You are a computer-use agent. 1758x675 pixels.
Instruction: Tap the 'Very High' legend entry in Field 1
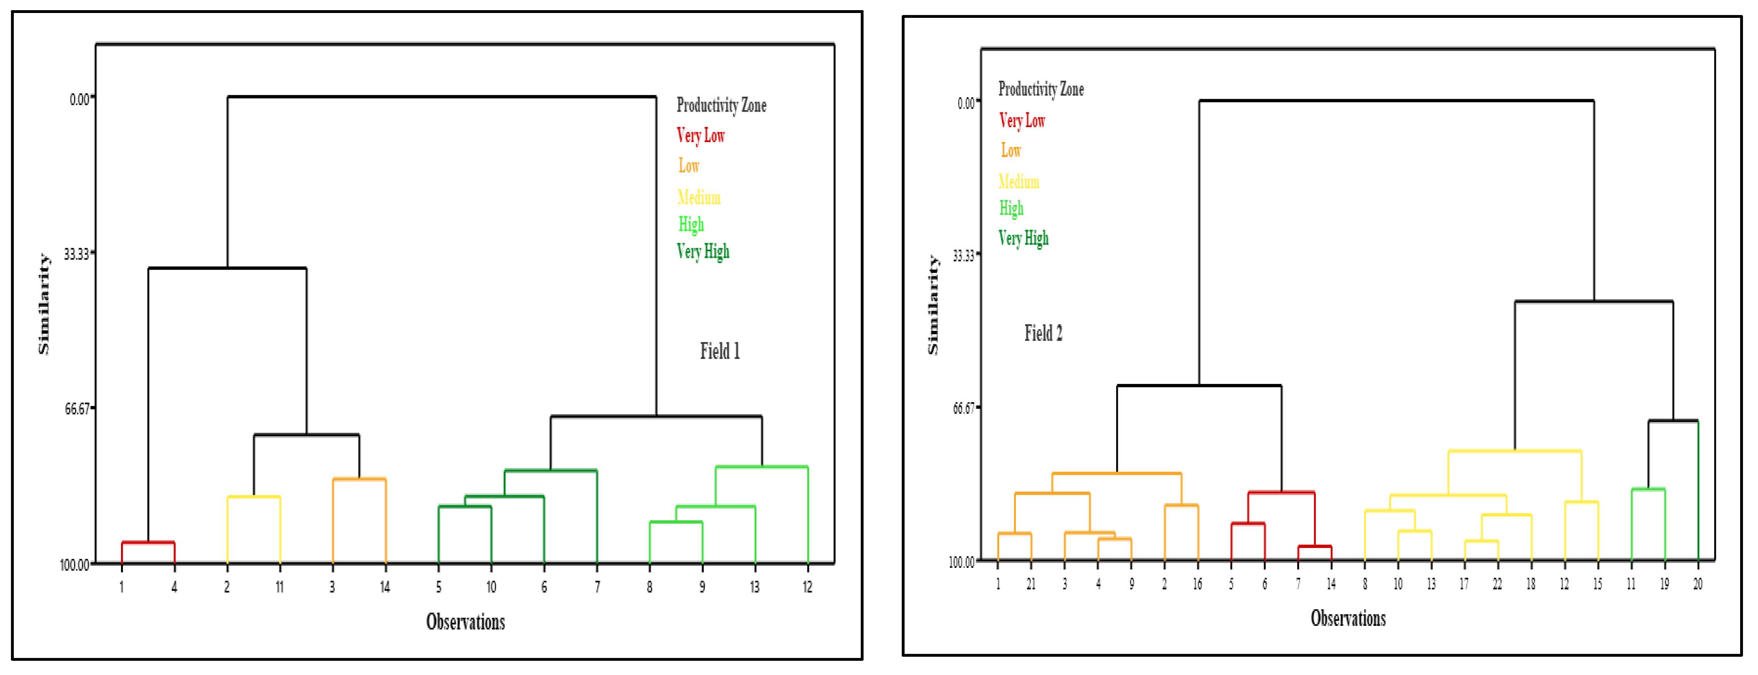point(703,252)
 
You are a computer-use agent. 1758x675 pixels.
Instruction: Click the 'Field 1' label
point(719,352)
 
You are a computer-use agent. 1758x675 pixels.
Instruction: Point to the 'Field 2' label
point(1043,333)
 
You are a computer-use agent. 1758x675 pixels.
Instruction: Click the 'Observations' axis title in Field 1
point(465,622)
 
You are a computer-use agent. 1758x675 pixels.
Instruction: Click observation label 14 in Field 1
point(385,587)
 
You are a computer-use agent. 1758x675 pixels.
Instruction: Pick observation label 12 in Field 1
point(808,587)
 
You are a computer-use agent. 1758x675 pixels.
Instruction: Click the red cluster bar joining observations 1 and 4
point(148,543)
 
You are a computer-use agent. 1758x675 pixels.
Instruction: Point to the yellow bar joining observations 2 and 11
point(253,497)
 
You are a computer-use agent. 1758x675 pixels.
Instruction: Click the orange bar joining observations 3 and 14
point(359,479)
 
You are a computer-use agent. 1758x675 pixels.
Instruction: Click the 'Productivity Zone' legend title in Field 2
point(1041,89)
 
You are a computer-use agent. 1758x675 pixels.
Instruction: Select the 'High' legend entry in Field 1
point(691,224)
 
